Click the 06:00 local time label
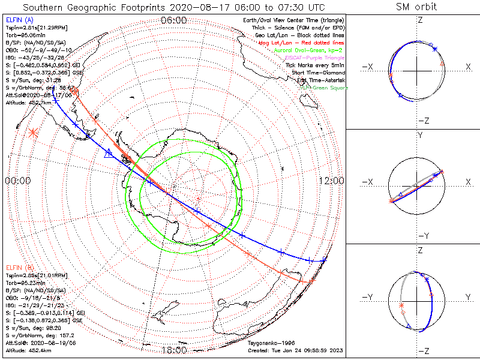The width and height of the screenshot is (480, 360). click(174, 20)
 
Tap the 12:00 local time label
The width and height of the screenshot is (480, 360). click(331, 181)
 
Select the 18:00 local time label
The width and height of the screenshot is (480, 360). click(174, 350)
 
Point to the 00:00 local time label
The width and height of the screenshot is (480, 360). click(17, 181)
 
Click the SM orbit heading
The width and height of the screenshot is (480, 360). click(416, 7)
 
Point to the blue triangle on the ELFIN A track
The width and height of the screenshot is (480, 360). click(109, 154)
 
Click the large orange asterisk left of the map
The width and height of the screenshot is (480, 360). click(32, 133)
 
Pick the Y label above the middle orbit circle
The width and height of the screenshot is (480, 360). click(420, 136)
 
